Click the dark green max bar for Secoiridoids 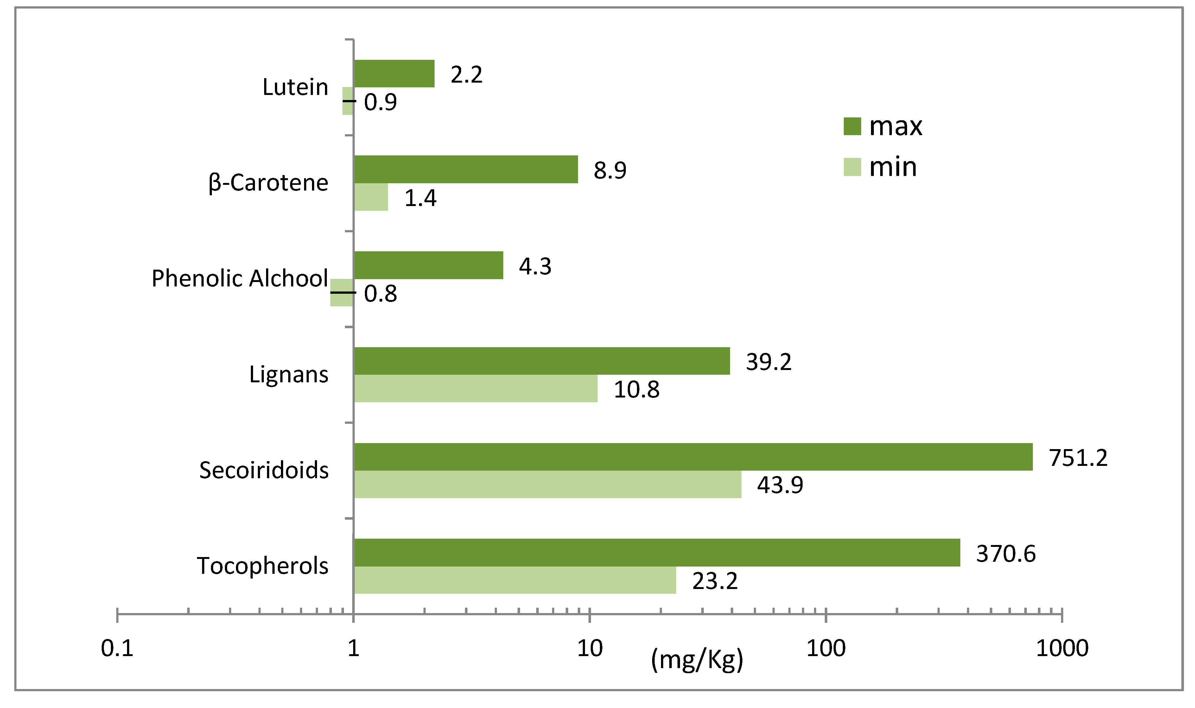692,457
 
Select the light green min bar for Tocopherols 515,580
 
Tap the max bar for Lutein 394,73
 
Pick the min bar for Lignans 475,388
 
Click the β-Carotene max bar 466,169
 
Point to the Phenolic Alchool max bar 428,265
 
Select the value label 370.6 1006,554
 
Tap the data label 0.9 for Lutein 380,102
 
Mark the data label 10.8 636,390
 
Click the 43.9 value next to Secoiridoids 780,485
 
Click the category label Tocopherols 262,566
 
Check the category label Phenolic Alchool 240,278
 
